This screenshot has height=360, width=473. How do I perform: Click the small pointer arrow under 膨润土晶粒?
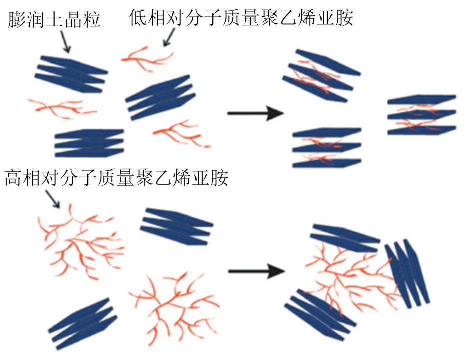click(65, 42)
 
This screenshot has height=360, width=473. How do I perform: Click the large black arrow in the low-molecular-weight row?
click(255, 114)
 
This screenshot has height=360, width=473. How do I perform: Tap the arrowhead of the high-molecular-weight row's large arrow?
click(276, 272)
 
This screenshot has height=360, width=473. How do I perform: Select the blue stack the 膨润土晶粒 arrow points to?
click(71, 74)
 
